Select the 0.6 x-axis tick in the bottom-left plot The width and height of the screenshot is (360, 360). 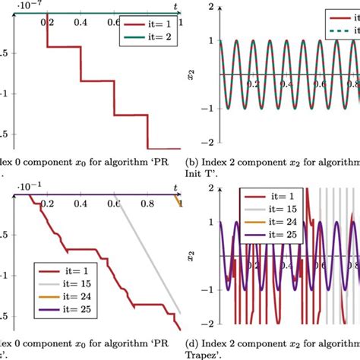(114, 204)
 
